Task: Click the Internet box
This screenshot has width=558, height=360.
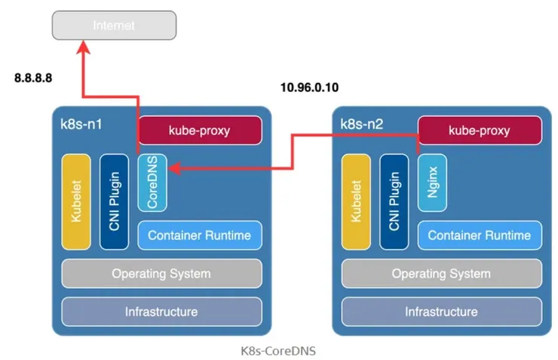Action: click(x=113, y=25)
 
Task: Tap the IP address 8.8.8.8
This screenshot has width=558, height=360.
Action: click(x=34, y=77)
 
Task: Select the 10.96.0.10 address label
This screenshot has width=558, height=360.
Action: click(x=309, y=88)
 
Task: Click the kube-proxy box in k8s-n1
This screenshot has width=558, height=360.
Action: click(x=199, y=130)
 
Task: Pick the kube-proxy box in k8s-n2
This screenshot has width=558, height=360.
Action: click(x=480, y=130)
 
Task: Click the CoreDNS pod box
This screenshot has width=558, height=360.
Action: click(x=152, y=182)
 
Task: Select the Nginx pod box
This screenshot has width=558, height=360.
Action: click(x=432, y=182)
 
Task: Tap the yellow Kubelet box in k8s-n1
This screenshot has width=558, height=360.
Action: click(x=76, y=202)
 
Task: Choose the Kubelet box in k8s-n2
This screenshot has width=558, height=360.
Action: click(x=356, y=202)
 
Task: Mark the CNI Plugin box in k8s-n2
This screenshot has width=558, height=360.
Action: click(x=394, y=202)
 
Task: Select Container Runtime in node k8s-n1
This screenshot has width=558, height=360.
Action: click(x=199, y=235)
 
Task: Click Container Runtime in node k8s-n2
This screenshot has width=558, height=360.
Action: click(x=480, y=235)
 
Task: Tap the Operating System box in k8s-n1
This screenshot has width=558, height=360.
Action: click(x=161, y=273)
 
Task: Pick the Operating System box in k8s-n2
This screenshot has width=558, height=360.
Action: click(x=441, y=273)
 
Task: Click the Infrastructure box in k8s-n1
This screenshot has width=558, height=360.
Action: click(x=161, y=311)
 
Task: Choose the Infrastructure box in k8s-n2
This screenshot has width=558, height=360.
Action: click(x=441, y=311)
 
